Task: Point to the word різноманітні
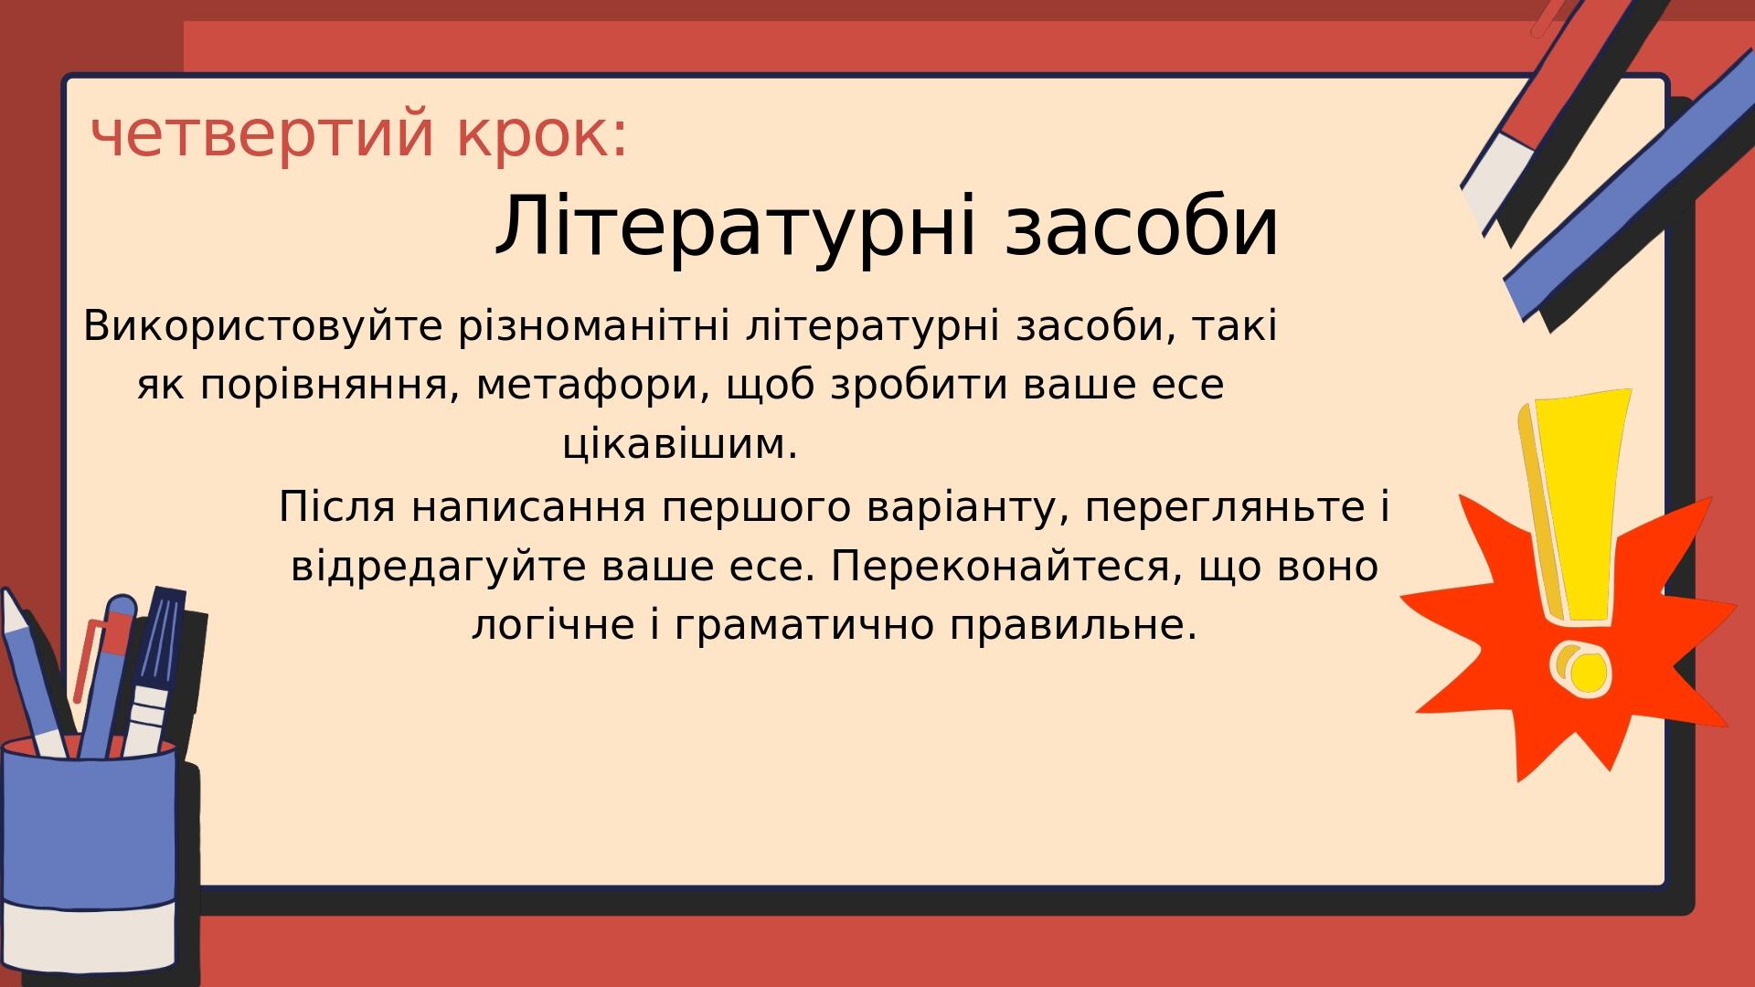[x=594, y=325]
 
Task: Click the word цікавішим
[x=680, y=444]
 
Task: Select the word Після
[x=337, y=506]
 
